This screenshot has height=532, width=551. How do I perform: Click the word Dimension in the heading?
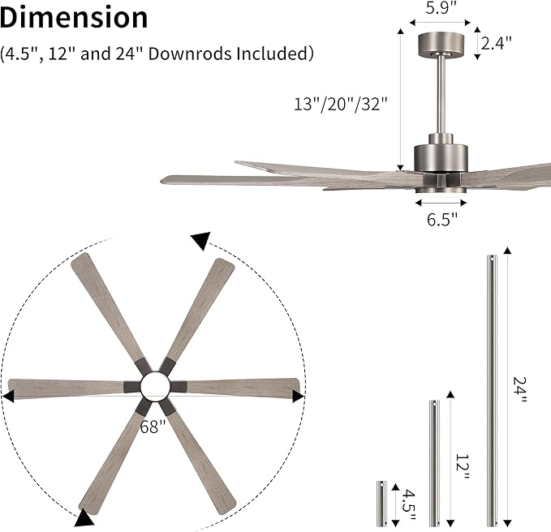[x=75, y=18]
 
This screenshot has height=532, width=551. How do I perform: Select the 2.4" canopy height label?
[x=496, y=43]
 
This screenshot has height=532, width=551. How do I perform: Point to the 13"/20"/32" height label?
[x=342, y=104]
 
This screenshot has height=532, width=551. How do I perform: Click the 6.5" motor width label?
[x=442, y=217]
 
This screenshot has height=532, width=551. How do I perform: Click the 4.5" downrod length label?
[x=410, y=504]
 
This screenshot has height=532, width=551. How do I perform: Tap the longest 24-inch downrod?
[x=491, y=389]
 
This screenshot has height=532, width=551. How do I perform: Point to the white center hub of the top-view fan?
[x=154, y=386]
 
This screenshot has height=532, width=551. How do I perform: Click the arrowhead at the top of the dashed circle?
[x=200, y=240]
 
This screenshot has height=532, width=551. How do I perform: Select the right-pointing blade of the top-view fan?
[x=243, y=387]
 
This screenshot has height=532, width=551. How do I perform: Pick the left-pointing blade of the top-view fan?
[x=65, y=388]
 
